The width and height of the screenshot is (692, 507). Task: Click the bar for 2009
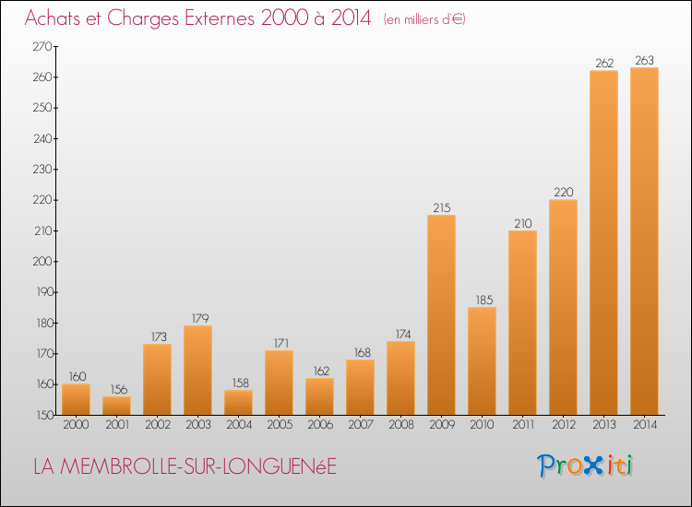pos(441,314)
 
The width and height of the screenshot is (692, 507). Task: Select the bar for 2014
pos(644,241)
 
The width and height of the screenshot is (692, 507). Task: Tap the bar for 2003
pos(197,370)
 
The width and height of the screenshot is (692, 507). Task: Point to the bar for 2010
pos(482,360)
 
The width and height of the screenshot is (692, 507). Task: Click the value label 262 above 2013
pos(603,64)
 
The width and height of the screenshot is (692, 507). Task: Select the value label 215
pos(441,207)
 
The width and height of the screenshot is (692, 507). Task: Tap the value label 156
pos(116,389)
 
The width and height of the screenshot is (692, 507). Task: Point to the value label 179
pos(197,318)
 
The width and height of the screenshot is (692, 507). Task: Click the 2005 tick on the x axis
pos(279,425)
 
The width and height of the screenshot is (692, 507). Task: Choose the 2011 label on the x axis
pos(522,425)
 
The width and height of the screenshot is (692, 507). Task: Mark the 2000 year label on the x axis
pos(76,425)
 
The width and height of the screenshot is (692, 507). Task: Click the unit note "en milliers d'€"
pos(424,19)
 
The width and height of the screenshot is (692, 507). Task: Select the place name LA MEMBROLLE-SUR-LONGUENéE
pos(185,466)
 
